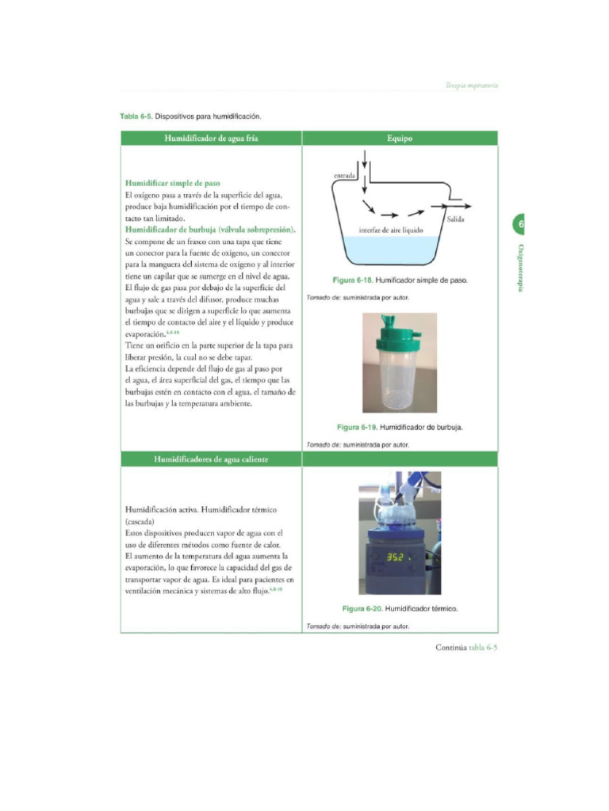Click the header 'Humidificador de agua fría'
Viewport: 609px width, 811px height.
(211, 138)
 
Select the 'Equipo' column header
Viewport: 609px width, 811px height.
(400, 138)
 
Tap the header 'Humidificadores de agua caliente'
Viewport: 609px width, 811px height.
(211, 459)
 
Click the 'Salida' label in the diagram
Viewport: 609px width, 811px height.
(455, 219)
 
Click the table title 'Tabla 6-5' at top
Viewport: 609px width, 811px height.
(136, 116)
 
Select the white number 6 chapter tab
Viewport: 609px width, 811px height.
(521, 225)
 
